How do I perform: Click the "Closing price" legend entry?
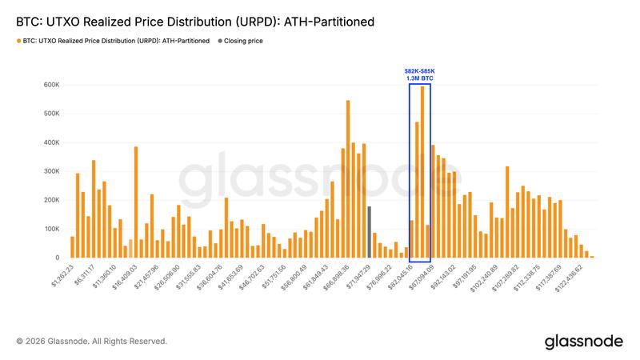(244, 40)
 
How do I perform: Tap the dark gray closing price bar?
(369, 232)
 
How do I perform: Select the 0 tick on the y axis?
(56, 258)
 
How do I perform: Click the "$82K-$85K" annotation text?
(420, 71)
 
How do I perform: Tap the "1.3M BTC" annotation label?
(420, 78)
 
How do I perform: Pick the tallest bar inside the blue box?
(422, 171)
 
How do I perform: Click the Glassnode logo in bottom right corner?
(583, 341)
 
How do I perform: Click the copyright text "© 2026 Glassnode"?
(91, 342)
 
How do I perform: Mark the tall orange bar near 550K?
(348, 179)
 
